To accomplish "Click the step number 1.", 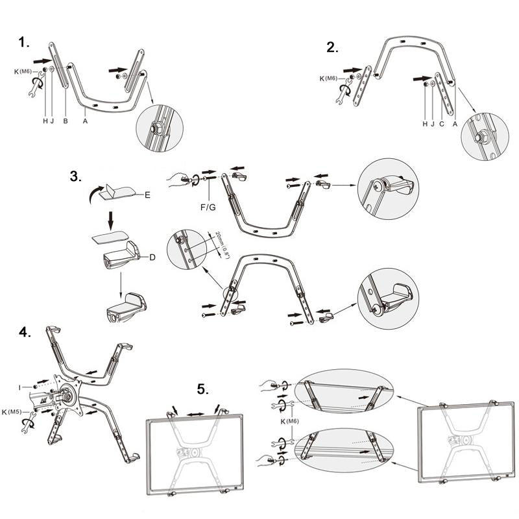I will pyautogui.click(x=24, y=43).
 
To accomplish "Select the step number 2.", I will pyautogui.click(x=332, y=48).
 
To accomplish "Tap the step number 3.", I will pyautogui.click(x=76, y=176).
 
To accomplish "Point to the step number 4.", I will pyautogui.click(x=25, y=333).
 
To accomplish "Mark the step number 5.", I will pyautogui.click(x=203, y=389).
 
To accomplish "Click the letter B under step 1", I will pyautogui.click(x=65, y=121).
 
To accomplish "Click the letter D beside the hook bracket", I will pyautogui.click(x=152, y=258).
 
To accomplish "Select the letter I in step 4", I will pyautogui.click(x=21, y=387).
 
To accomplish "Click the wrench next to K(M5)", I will pyautogui.click(x=27, y=426).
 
